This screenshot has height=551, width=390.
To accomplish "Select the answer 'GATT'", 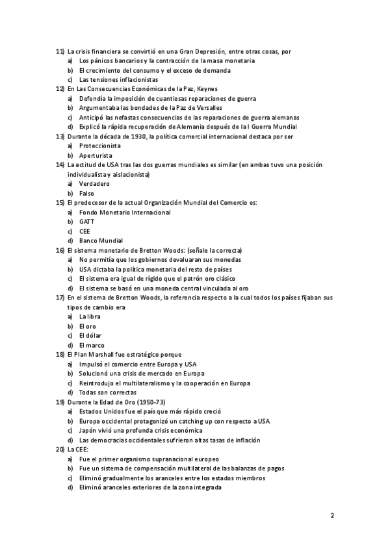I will click(x=87, y=222).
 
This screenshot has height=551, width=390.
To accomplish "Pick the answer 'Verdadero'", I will click(x=94, y=184).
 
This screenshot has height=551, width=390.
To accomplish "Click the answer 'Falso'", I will click(x=86, y=194).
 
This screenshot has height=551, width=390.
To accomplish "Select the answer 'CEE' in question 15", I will click(x=84, y=231).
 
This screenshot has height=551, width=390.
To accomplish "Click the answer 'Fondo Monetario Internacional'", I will click(x=125, y=212).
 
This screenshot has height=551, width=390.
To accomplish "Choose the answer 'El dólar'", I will click(x=91, y=335).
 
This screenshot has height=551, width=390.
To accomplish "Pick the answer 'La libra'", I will click(x=90, y=316).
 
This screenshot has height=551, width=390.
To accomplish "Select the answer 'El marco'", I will click(x=92, y=345).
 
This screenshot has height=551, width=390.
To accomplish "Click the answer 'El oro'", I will click(x=88, y=326).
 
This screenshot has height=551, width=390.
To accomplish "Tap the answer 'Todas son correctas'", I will click(x=108, y=392).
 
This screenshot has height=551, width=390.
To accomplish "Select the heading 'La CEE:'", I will click(x=77, y=449).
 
